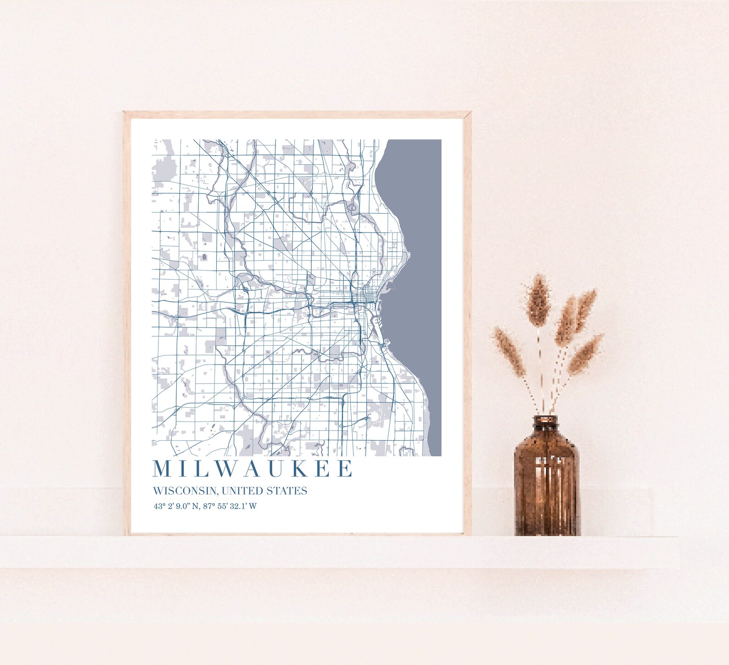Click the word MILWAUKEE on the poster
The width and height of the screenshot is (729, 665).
(x=253, y=469)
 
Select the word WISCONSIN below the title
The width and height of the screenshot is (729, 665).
(x=185, y=491)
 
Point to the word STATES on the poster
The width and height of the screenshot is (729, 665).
(x=287, y=491)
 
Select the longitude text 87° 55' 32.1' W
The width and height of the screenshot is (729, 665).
(x=230, y=507)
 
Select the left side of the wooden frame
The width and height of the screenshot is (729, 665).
(x=127, y=321)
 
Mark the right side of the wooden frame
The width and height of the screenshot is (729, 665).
(x=468, y=321)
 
